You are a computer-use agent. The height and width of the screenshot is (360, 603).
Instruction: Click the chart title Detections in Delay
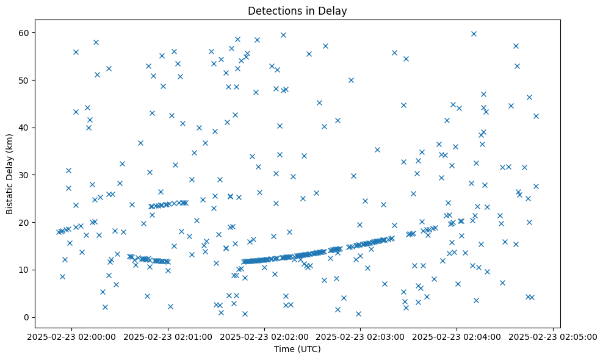point(297,11)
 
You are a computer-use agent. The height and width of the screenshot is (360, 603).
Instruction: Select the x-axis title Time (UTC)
point(297,349)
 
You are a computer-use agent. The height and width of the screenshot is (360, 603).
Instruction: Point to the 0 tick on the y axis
point(27,317)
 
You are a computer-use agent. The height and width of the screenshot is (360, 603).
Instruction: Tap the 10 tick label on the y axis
point(24,270)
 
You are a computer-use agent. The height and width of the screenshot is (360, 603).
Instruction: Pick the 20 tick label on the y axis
point(24,222)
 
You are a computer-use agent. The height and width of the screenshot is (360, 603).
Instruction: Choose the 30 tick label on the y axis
point(24,175)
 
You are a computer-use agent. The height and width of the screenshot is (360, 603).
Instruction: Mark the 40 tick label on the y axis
point(24,128)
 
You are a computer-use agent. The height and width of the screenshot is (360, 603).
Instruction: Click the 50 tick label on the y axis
point(24,80)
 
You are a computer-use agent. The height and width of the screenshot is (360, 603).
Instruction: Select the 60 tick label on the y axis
point(24,32)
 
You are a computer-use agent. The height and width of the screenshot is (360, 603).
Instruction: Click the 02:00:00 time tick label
point(72,336)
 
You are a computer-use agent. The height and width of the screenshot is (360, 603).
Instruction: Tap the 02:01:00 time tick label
point(168,336)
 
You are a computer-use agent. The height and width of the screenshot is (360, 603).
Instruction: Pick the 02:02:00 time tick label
point(265,336)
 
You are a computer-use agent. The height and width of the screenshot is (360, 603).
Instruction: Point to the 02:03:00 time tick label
point(361,336)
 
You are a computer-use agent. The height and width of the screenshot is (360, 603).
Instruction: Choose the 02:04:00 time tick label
point(457,336)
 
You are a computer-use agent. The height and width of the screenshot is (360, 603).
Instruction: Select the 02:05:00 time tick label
point(553,336)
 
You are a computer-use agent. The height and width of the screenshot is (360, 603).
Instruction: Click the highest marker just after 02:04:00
point(474,34)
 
